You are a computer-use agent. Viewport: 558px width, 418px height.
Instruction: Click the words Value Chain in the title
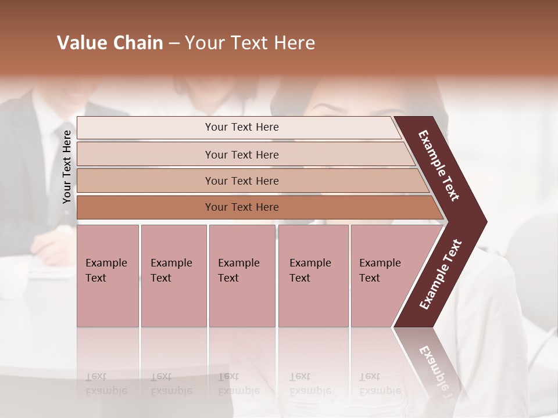[110, 43]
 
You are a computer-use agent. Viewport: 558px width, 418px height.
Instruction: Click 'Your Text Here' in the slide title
[250, 43]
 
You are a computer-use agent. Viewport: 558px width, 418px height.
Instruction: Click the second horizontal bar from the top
[242, 154]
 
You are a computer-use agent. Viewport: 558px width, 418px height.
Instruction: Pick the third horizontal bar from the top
[242, 181]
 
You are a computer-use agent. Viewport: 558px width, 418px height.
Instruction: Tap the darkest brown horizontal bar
[242, 207]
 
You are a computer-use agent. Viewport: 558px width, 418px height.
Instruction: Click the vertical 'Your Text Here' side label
[67, 167]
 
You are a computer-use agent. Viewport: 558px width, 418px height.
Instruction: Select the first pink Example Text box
[108, 275]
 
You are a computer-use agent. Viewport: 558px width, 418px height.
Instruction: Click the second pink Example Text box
[173, 275]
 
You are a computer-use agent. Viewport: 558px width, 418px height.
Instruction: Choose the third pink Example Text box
[241, 275]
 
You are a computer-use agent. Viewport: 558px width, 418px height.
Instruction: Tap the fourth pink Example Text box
[313, 275]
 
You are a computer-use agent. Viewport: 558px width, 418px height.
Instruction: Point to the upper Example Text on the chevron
[439, 165]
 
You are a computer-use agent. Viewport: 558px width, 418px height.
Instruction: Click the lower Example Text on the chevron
[440, 274]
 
